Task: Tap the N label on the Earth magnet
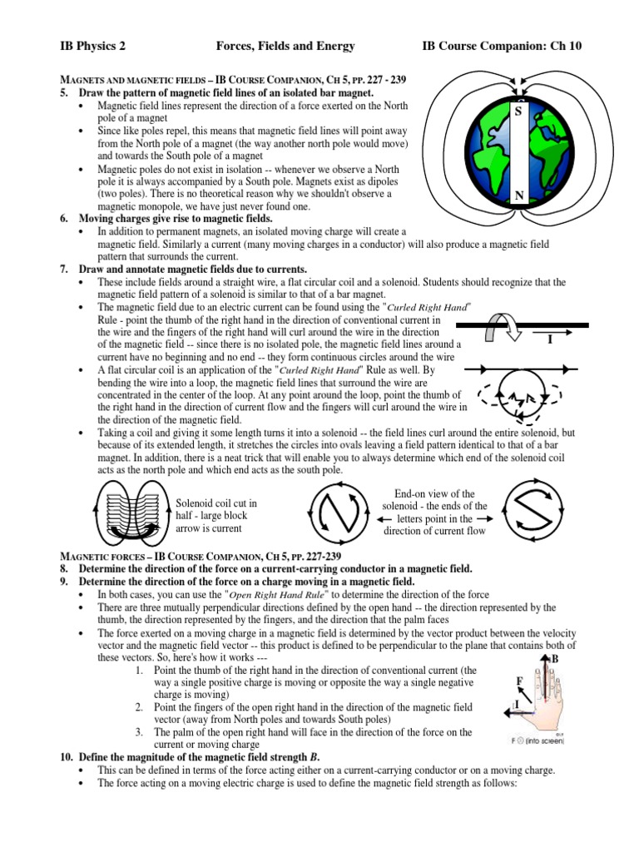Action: pyautogui.click(x=518, y=196)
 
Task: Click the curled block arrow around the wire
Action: pyautogui.click(x=501, y=327)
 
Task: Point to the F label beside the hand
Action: pyautogui.click(x=520, y=681)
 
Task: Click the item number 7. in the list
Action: pyautogui.click(x=64, y=270)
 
